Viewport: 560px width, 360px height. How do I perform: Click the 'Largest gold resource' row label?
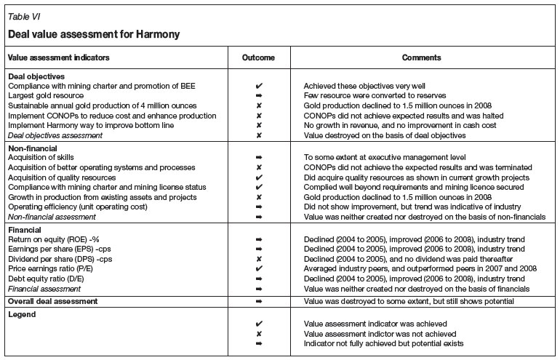[46, 95]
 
